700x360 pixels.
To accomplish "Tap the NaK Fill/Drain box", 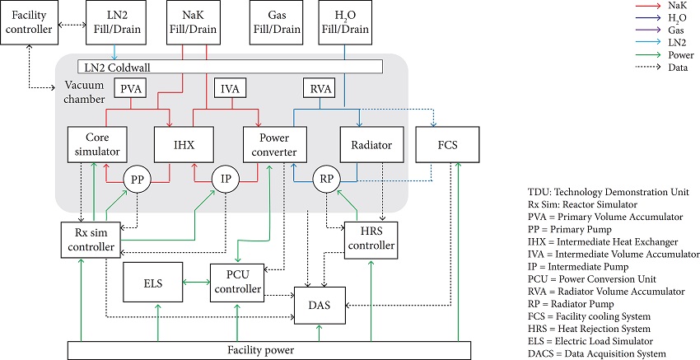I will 192,23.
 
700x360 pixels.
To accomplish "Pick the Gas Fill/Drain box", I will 273,23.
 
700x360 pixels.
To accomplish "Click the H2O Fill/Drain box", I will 344,23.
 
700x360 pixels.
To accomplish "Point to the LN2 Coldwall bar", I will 231,66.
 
